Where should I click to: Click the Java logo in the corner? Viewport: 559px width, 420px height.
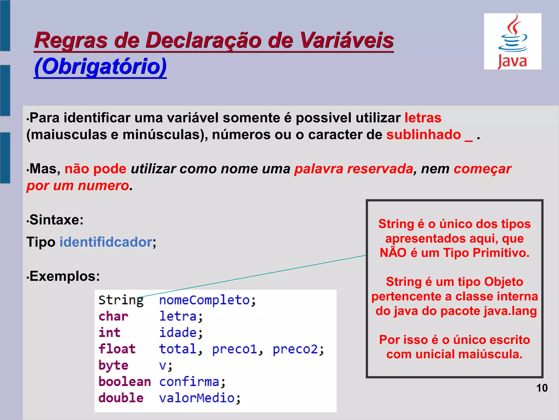512,42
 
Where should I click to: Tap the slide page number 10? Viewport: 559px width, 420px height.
542,388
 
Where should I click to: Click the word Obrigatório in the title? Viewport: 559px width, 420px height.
100,66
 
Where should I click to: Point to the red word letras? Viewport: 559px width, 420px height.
423,118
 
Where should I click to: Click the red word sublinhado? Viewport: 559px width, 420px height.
424,135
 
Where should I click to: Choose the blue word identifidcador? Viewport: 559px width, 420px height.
106,242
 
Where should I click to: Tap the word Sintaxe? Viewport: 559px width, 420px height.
56,220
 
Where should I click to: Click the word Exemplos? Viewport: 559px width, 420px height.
65,276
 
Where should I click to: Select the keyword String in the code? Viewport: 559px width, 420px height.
121,300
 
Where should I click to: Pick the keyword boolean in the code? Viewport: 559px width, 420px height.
124,382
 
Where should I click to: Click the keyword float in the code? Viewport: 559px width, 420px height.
117,349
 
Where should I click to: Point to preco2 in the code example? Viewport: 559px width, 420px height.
295,349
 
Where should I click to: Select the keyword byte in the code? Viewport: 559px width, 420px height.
113,366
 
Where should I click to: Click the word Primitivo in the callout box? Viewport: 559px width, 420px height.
501,253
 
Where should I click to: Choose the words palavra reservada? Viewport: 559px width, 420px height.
354,169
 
